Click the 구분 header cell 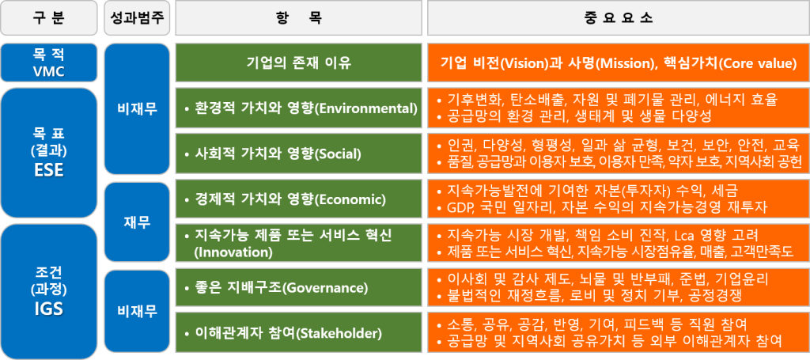click(49, 17)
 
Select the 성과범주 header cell click(135, 17)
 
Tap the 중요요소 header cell click(618, 17)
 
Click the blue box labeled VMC click(49, 63)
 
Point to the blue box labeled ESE click(49, 151)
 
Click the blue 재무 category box click(135, 222)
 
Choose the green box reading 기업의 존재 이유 click(299, 63)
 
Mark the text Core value click(760, 63)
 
